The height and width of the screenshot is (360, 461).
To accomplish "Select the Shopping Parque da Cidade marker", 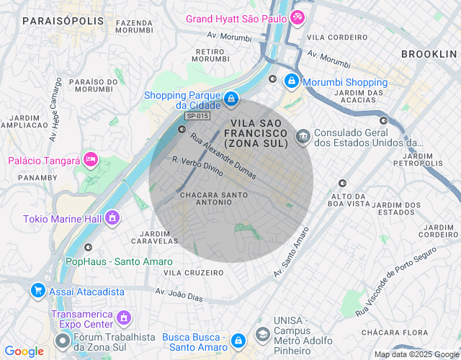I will pyautogui.click(x=230, y=98).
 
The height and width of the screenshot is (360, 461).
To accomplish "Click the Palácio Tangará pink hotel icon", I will pyautogui.click(x=91, y=158).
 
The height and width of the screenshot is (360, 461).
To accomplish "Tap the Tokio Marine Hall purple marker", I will pyautogui.click(x=112, y=217).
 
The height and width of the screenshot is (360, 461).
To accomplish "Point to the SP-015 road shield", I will pyautogui.click(x=198, y=116).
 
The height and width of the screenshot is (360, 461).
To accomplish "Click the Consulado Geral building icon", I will pyautogui.click(x=303, y=135).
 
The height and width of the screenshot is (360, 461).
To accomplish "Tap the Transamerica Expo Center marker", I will pyautogui.click(x=124, y=317).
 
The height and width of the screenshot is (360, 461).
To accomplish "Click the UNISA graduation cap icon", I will pyautogui.click(x=261, y=336).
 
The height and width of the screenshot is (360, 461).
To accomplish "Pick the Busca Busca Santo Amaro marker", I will pyautogui.click(x=238, y=338).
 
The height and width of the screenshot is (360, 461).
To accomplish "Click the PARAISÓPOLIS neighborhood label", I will pyautogui.click(x=63, y=22).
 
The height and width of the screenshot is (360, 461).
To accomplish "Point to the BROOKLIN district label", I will pyautogui.click(x=429, y=54).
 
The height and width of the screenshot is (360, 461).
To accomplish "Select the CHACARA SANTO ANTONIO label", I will pyautogui.click(x=214, y=200).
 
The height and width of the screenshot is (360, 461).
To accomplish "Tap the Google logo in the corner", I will pyautogui.click(x=24, y=351).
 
